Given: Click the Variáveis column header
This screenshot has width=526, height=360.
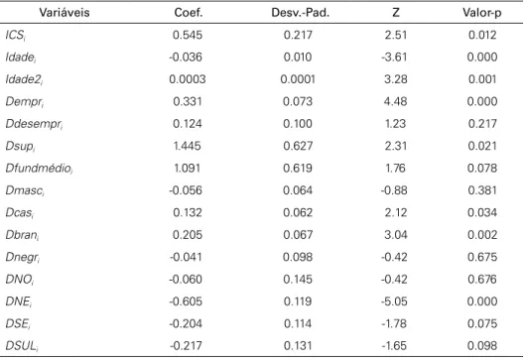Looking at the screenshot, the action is [65, 13].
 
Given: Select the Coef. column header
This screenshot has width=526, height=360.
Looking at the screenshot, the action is [189, 13].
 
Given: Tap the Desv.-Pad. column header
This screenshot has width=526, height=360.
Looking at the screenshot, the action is [301, 13].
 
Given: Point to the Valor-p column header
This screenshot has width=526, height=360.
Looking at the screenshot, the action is [482, 13].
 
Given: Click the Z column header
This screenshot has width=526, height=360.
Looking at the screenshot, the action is [396, 13].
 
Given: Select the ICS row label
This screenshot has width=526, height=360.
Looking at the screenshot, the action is [16, 35].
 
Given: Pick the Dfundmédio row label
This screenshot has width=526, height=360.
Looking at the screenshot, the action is [39, 169].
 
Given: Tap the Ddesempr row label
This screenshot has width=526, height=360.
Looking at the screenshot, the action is [34, 124].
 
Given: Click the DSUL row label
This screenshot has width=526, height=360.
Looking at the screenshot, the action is [22, 346].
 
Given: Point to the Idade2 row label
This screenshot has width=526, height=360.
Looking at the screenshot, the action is [24, 79].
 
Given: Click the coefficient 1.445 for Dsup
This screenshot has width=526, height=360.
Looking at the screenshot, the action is [188, 146].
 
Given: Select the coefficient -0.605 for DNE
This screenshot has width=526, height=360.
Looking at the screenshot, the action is [186, 301].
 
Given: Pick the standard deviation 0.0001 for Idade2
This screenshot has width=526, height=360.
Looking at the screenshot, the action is [298, 79].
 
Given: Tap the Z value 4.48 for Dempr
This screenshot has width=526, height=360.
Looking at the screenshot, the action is [396, 101].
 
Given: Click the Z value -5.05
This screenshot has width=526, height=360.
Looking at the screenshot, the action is [394, 301].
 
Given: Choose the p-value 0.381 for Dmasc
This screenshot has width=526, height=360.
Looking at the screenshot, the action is [482, 190].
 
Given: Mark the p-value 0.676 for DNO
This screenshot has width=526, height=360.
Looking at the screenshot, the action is [482, 280].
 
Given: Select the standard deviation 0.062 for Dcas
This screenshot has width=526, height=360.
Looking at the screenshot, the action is [298, 212].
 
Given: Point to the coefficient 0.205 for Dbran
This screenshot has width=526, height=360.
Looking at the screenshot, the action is [188, 235].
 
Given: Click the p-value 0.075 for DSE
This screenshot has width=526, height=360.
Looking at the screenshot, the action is [482, 323].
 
